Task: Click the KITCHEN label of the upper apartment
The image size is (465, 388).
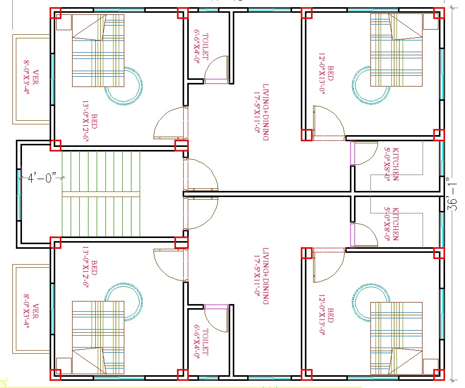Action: coord(391,164)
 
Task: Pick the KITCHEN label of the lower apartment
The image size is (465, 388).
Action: coord(391,223)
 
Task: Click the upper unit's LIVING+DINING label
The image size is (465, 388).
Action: coord(261,112)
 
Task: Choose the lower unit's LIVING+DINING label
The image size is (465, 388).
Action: coord(261,276)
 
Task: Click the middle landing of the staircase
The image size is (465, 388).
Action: coord(101,194)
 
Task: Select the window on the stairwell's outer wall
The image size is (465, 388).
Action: coord(19,194)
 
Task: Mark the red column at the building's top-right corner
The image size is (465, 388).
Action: coord(439,13)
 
